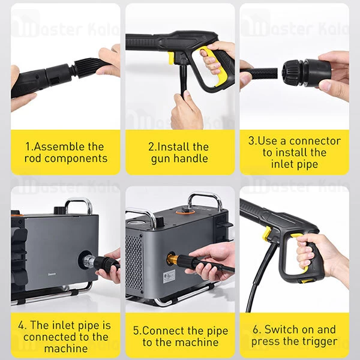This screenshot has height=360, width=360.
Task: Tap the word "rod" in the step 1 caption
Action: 35,159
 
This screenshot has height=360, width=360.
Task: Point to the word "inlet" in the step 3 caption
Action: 285,164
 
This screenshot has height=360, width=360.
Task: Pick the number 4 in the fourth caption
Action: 22,326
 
